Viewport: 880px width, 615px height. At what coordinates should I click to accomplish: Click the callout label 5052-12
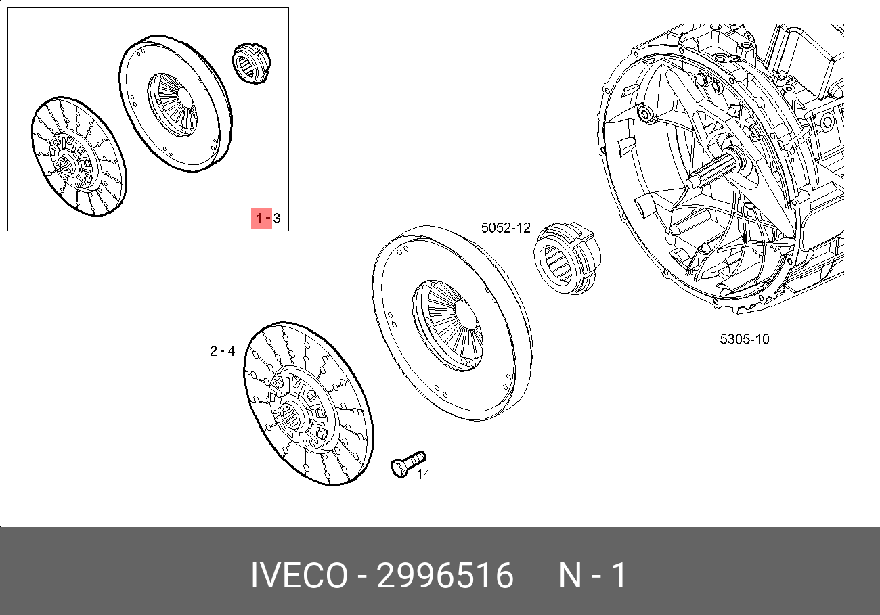pyautogui.click(x=506, y=228)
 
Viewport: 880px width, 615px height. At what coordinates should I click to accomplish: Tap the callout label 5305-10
pyautogui.click(x=745, y=339)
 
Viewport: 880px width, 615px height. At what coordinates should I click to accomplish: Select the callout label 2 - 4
pyautogui.click(x=222, y=351)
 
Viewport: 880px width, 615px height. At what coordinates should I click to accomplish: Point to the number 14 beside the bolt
pyautogui.click(x=423, y=474)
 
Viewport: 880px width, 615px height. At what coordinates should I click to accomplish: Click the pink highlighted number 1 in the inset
pyautogui.click(x=259, y=218)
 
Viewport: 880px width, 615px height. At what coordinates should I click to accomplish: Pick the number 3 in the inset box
pyautogui.click(x=277, y=218)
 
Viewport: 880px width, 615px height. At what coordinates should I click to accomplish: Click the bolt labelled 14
pyautogui.click(x=408, y=464)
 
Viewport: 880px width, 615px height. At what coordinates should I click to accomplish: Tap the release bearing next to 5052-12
pyautogui.click(x=567, y=258)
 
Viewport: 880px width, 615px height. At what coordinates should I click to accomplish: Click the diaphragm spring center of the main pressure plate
pyautogui.click(x=447, y=325)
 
